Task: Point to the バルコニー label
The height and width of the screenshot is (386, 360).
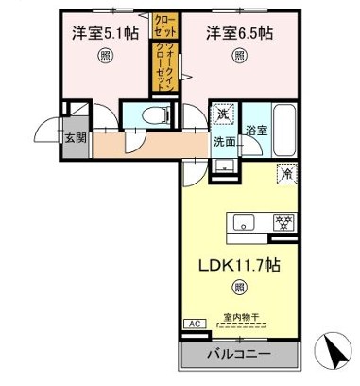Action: [x=240, y=356]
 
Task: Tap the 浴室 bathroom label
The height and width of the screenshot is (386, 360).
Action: [x=257, y=130]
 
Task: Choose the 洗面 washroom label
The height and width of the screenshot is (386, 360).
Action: [x=222, y=144]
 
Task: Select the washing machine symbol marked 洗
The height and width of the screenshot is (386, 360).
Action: [x=223, y=113]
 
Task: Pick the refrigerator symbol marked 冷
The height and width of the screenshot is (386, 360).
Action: [x=284, y=174]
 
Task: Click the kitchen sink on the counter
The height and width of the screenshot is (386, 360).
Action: [x=243, y=223]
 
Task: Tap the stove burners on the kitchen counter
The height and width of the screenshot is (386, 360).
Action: [x=281, y=223]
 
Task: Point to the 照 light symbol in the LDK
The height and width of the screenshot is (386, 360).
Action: [x=241, y=286]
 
